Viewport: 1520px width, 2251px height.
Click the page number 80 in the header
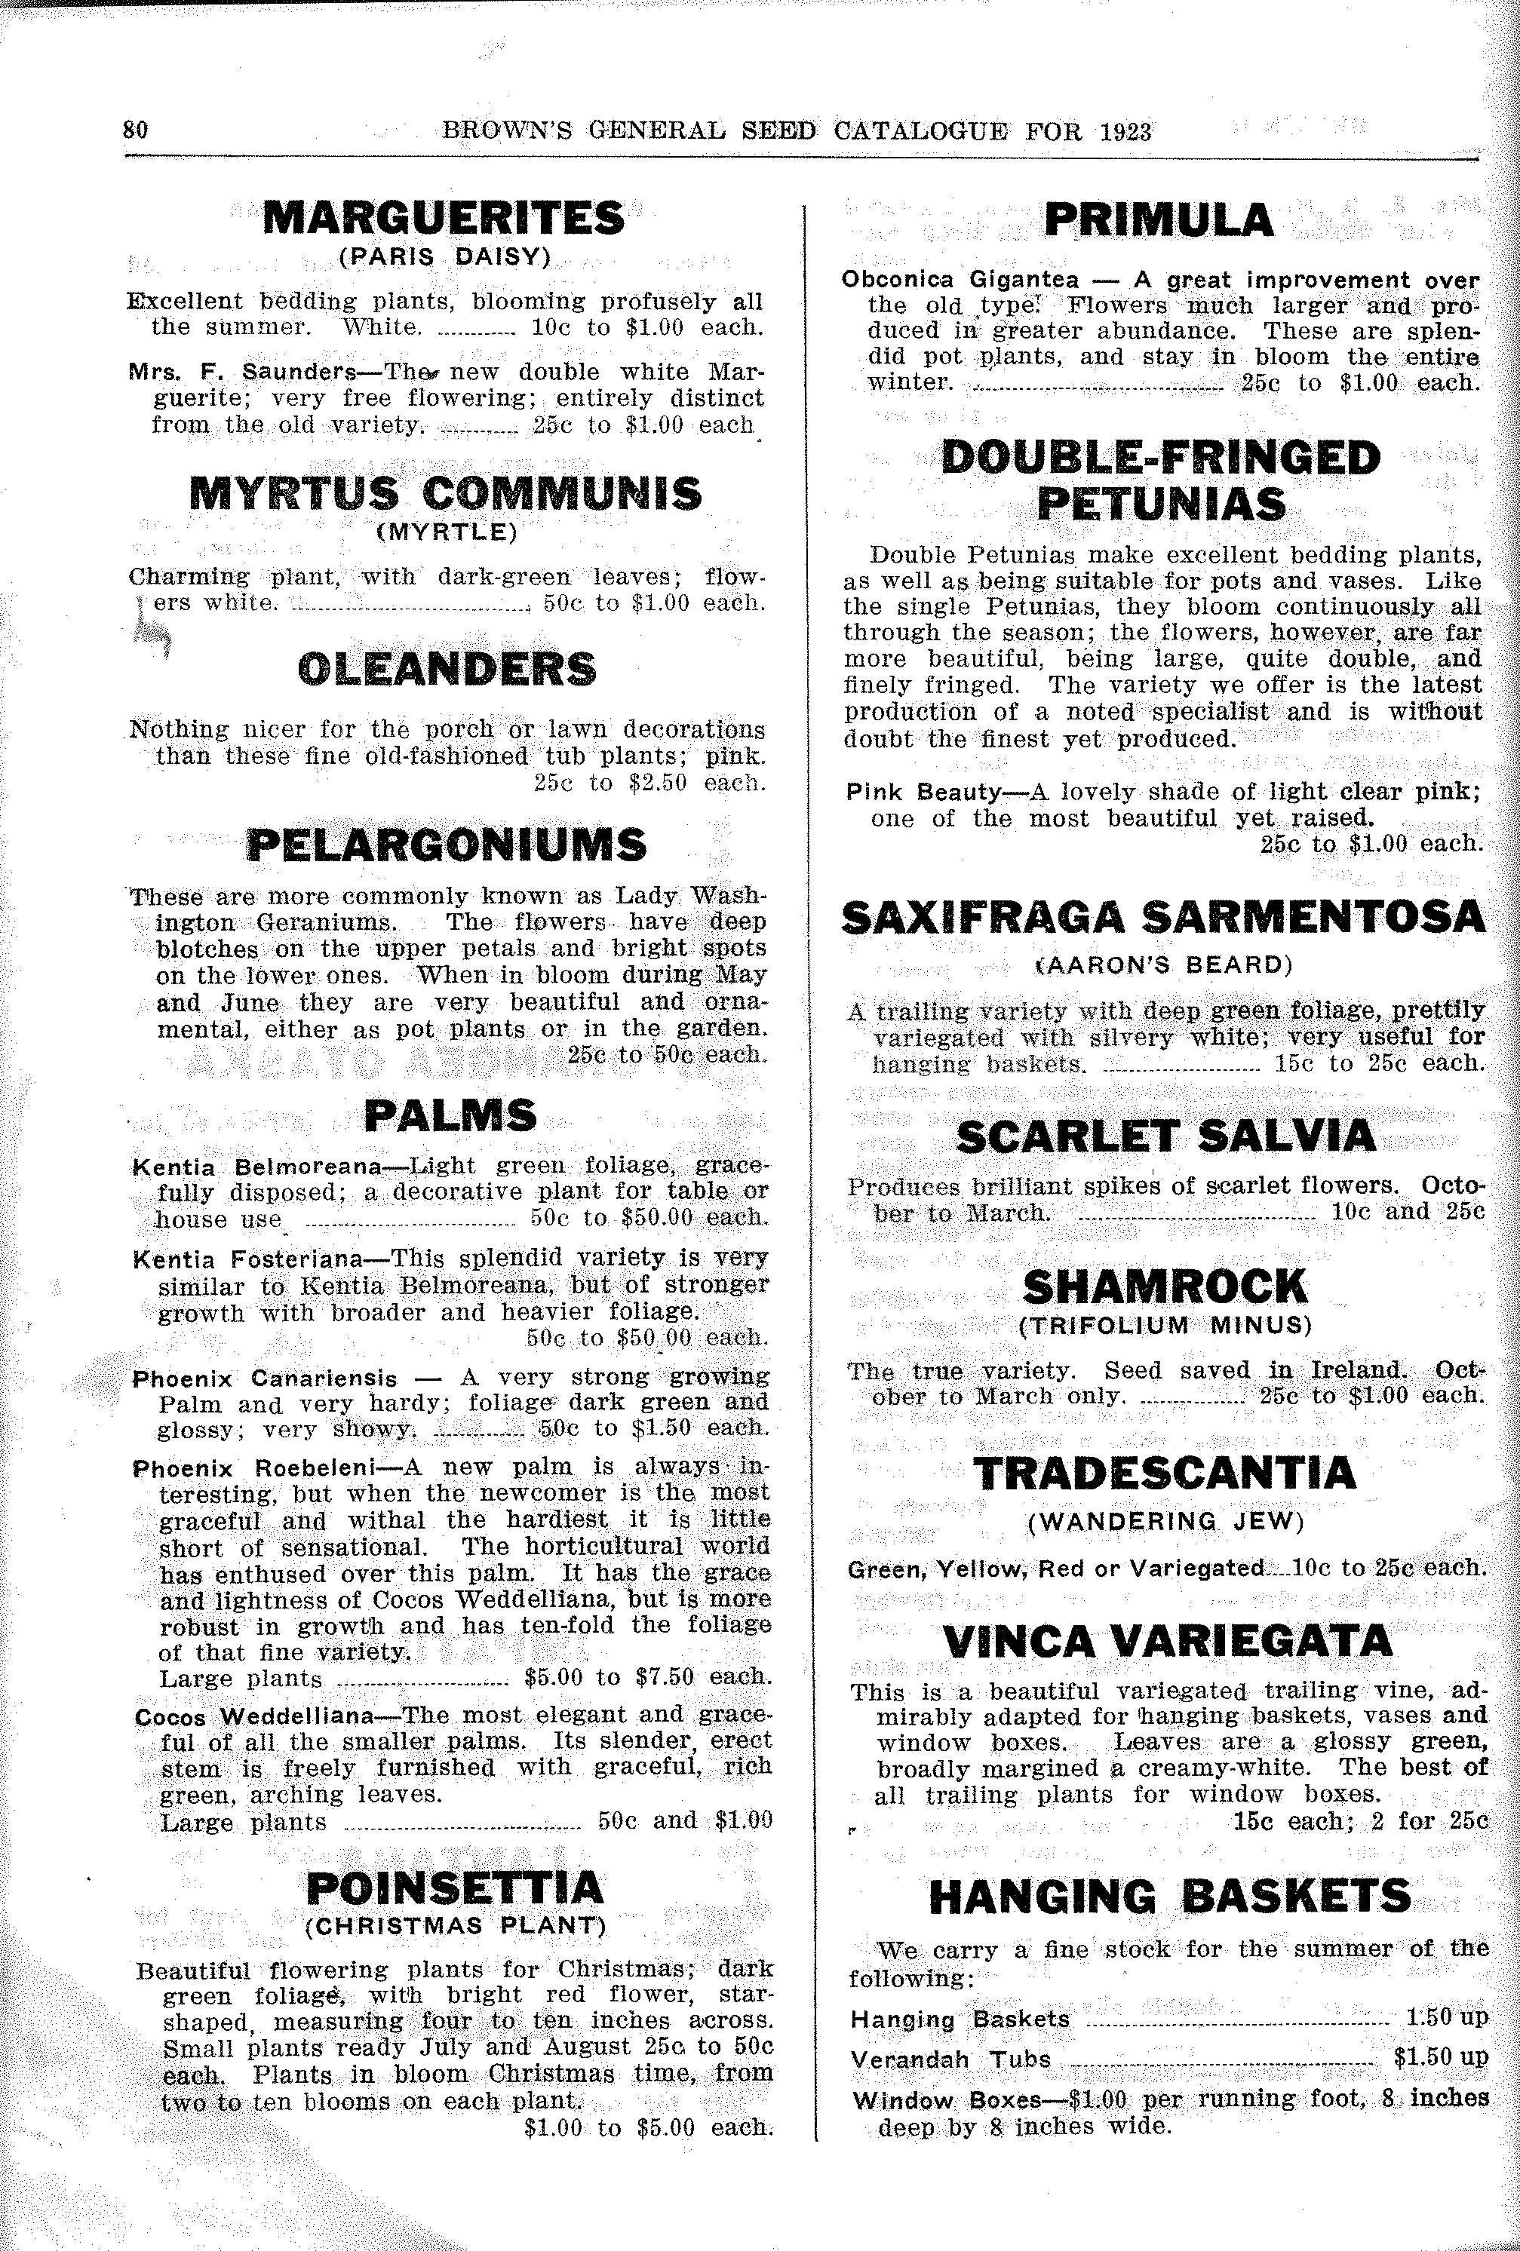[x=136, y=130]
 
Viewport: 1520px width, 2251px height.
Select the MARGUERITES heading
[x=444, y=218]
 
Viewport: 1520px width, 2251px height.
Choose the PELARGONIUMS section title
[x=447, y=845]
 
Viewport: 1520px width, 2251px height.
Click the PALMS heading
[x=450, y=1115]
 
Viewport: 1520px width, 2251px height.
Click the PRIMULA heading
[x=1158, y=220]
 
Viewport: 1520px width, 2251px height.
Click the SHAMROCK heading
[x=1165, y=1287]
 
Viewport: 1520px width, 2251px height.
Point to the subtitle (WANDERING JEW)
[x=1165, y=1521]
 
